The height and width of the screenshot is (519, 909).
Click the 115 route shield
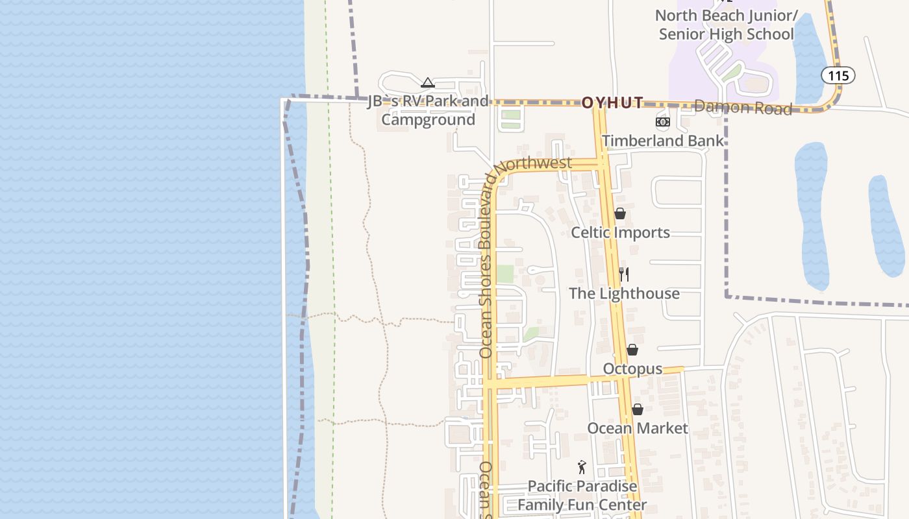[838, 76]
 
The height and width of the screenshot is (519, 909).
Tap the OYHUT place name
[612, 103]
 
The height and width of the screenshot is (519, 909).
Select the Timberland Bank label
[662, 141]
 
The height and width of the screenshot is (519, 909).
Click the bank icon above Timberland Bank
[662, 122]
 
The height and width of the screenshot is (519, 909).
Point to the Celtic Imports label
[620, 232]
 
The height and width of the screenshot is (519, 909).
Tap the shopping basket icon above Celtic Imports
[620, 213]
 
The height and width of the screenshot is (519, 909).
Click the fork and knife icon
[624, 274]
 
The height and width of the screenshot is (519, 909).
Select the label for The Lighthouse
[624, 293]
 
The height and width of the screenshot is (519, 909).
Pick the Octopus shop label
[632, 368]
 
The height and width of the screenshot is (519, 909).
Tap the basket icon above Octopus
[632, 350]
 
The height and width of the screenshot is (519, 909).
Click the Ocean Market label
[638, 428]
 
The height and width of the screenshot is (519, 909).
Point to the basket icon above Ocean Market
[638, 409]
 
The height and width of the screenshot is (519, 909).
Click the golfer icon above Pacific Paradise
[582, 467]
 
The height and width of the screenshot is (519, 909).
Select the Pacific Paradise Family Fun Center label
[582, 495]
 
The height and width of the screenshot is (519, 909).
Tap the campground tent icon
[427, 83]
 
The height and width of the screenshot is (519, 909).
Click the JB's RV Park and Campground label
[428, 110]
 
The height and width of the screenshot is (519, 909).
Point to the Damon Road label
[743, 108]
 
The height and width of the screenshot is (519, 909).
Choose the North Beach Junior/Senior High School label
[726, 25]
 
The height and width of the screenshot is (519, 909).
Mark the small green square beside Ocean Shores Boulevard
[504, 274]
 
